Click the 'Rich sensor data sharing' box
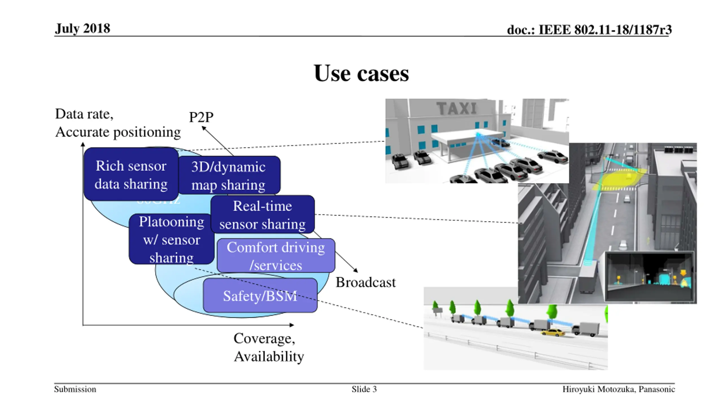pyautogui.click(x=131, y=175)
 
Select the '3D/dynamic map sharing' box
pyautogui.click(x=229, y=175)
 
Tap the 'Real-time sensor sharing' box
pyautogui.click(x=263, y=215)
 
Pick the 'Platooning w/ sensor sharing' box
pyautogui.click(x=171, y=239)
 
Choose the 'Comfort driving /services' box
pyautogui.click(x=276, y=256)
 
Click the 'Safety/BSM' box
pyautogui.click(x=260, y=296)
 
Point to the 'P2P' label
pyautogui.click(x=201, y=117)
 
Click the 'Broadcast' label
pyautogui.click(x=365, y=282)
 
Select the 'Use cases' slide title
pyautogui.click(x=361, y=73)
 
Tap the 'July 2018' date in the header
pyautogui.click(x=82, y=28)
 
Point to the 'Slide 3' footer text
pyautogui.click(x=364, y=389)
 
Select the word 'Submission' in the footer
pyautogui.click(x=75, y=389)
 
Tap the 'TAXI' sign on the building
pyautogui.click(x=456, y=108)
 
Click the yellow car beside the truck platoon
pyautogui.click(x=553, y=333)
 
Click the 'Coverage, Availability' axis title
pyautogui.click(x=268, y=347)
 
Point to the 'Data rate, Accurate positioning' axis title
pyautogui.click(x=118, y=123)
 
